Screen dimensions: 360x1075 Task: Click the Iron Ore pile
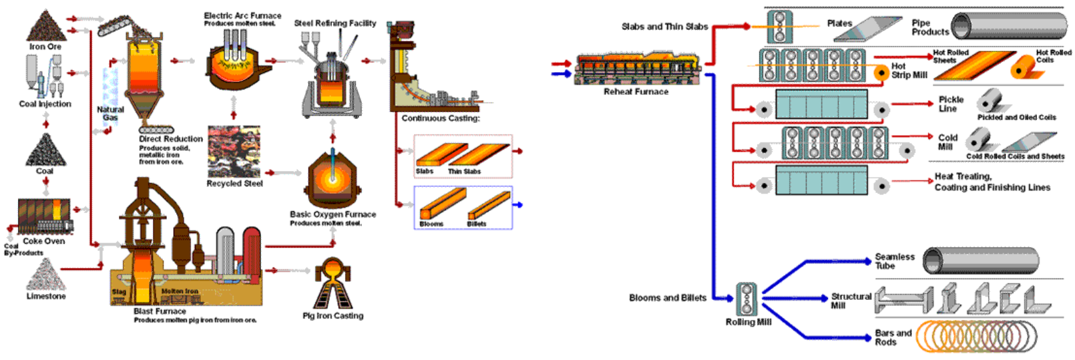click(x=46, y=27)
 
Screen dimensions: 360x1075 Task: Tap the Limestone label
click(x=46, y=296)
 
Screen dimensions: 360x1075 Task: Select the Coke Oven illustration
click(x=44, y=216)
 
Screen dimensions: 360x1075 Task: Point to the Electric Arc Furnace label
click(x=242, y=15)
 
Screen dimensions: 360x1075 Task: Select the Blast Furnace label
click(x=160, y=311)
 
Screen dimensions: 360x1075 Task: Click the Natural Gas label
click(x=110, y=114)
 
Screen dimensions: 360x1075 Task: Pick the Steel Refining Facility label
click(x=335, y=23)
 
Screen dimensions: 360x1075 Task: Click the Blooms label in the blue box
click(x=431, y=224)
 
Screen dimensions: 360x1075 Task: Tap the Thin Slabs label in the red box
click(x=464, y=172)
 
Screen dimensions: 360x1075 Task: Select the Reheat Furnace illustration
click(x=637, y=69)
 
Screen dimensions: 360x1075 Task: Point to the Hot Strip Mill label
click(x=909, y=71)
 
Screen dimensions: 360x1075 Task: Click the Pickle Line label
click(x=950, y=104)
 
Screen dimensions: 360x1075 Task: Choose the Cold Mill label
click(x=947, y=142)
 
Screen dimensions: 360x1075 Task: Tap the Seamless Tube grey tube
click(x=980, y=260)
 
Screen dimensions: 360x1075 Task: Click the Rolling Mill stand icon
click(x=747, y=299)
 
